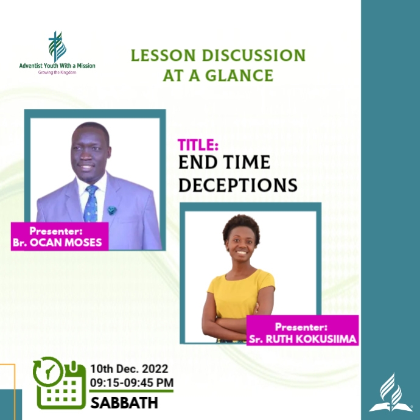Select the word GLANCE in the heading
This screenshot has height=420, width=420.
(x=239, y=75)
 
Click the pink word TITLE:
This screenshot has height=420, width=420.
(x=198, y=145)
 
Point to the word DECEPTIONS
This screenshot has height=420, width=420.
(x=237, y=184)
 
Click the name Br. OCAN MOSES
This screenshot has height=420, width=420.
(x=59, y=243)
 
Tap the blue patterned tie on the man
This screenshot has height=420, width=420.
(x=91, y=204)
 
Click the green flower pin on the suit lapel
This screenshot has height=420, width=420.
(x=112, y=210)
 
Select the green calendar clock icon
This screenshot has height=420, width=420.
(x=59, y=383)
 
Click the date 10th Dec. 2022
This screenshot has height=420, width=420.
(x=129, y=369)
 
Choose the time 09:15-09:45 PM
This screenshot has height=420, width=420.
(x=131, y=382)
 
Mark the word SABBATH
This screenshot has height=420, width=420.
(x=124, y=402)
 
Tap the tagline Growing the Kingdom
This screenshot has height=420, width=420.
(x=57, y=72)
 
